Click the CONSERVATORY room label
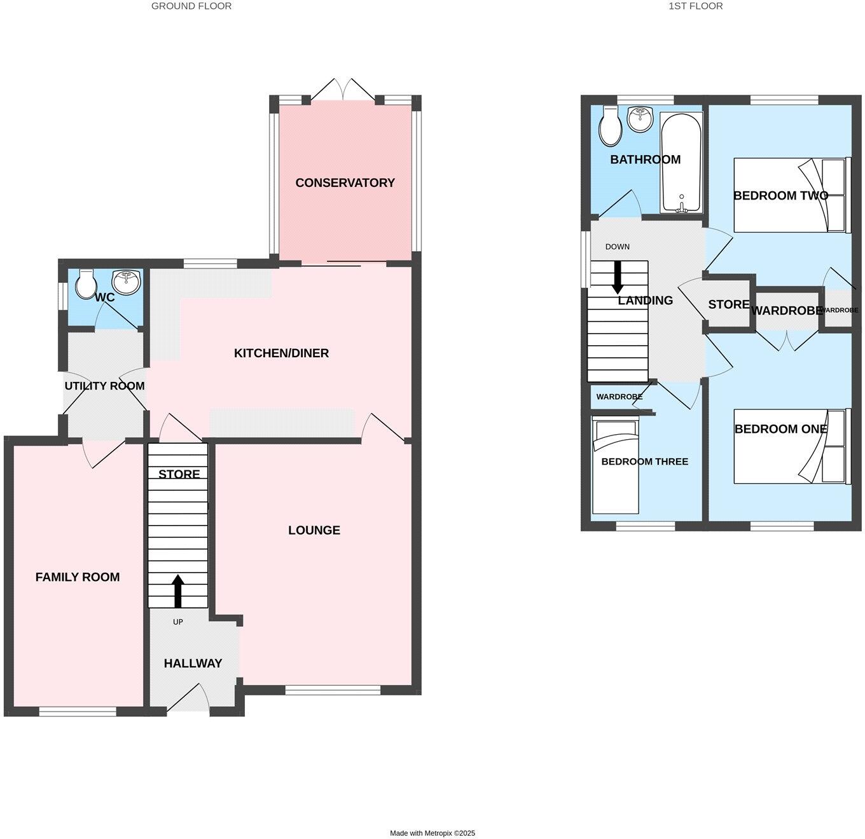(345, 183)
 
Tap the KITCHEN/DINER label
(281, 353)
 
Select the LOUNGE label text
(314, 530)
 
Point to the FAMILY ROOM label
(78, 577)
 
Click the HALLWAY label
(193, 664)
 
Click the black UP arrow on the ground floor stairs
(177, 591)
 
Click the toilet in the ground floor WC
(85, 284)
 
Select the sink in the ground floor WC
(127, 282)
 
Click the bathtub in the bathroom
(681, 162)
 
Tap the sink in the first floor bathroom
(640, 119)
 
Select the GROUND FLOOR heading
(191, 6)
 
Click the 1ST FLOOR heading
(695, 6)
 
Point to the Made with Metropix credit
(432, 833)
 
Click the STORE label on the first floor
(729, 304)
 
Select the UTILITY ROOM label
(104, 386)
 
